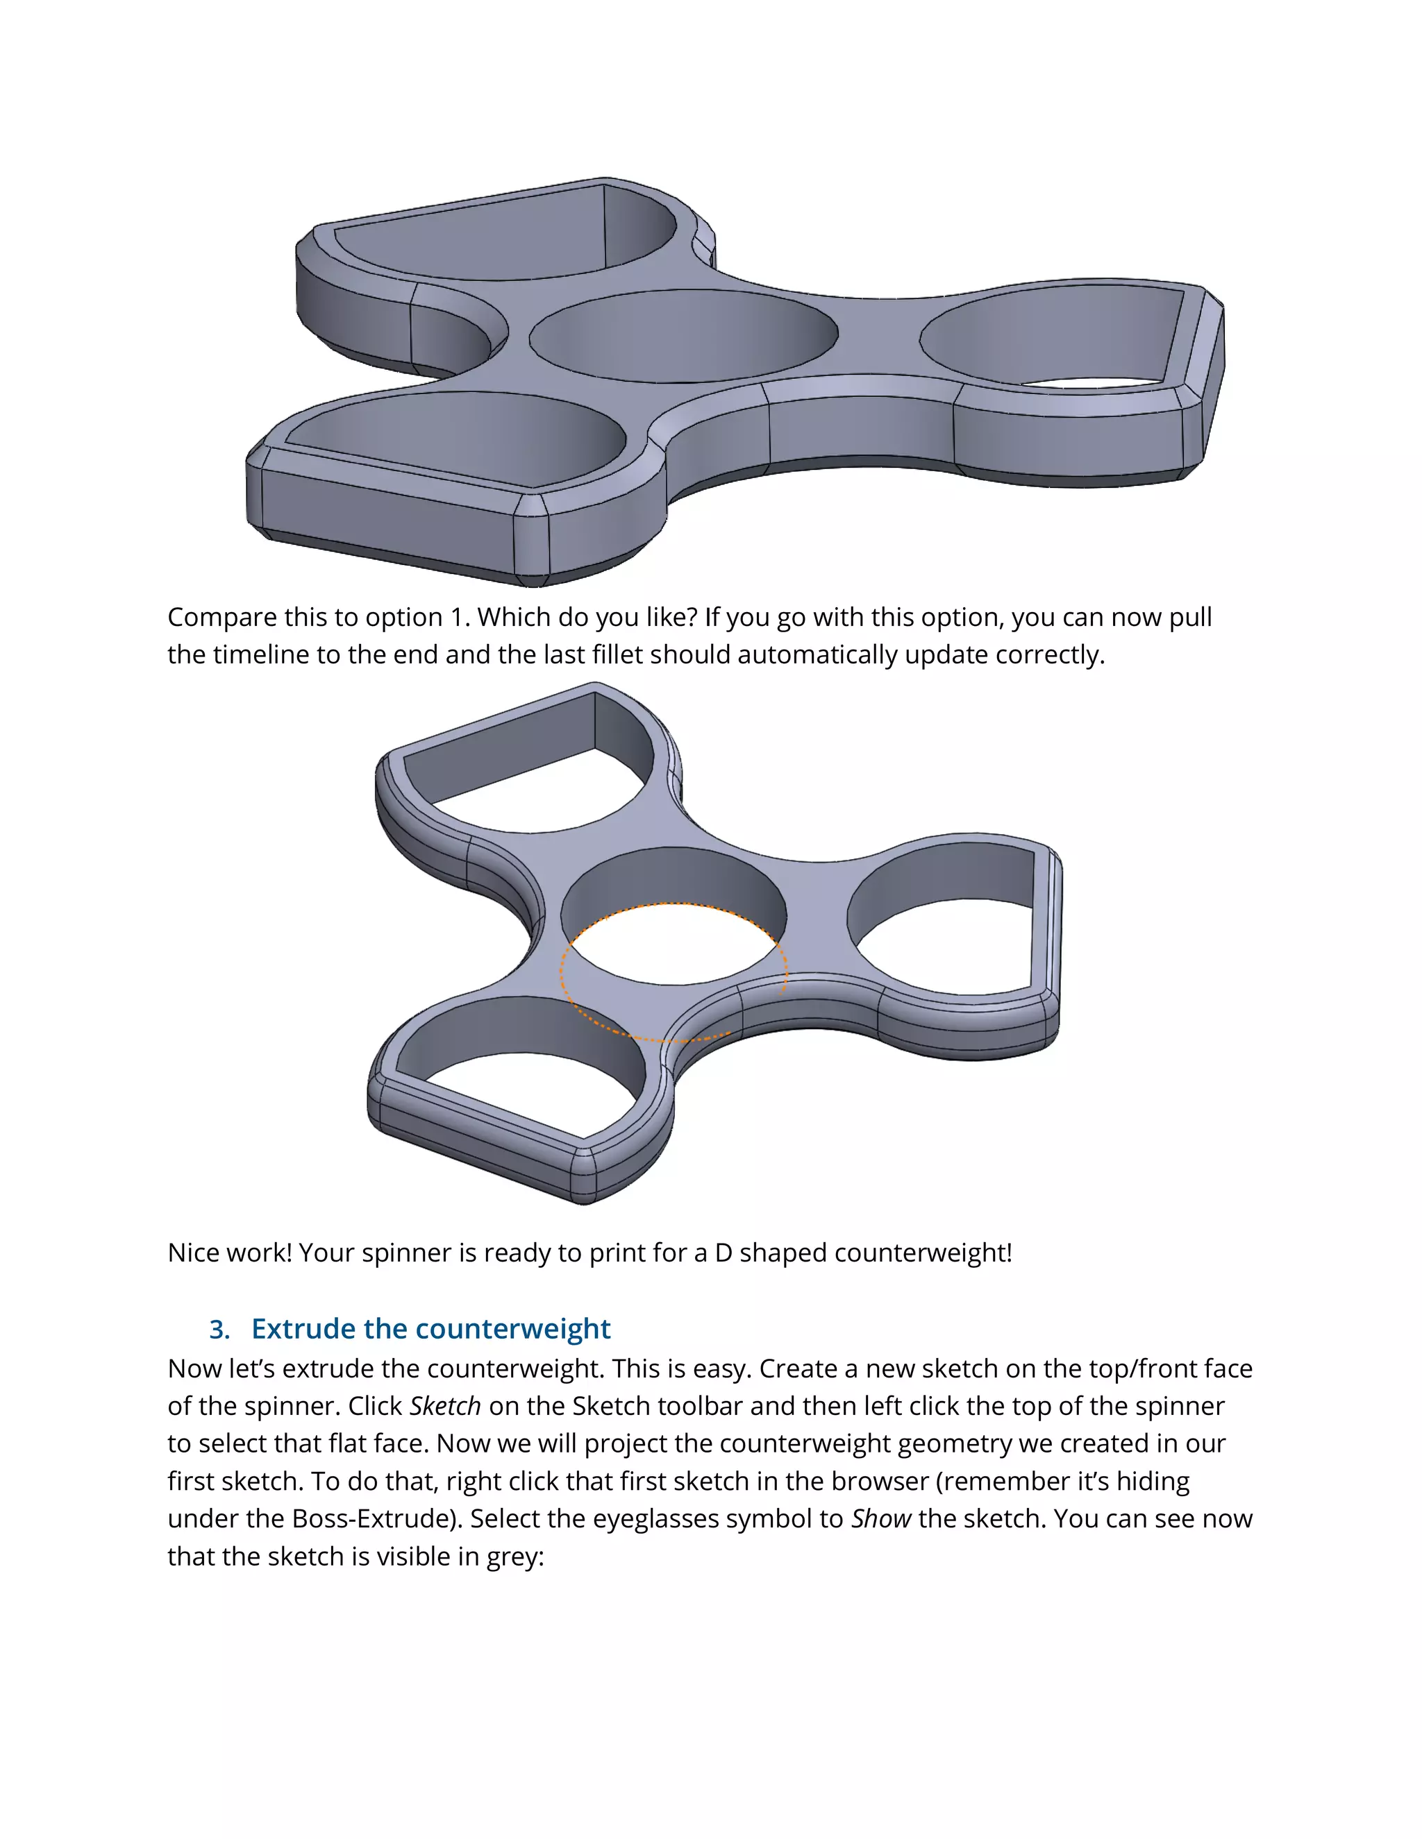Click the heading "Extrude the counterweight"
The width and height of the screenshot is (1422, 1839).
click(x=430, y=1329)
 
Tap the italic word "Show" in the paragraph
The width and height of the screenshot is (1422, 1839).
click(x=880, y=1518)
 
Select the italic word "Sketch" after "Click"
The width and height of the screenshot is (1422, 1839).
click(x=445, y=1405)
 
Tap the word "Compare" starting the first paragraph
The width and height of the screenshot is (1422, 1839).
click(x=221, y=617)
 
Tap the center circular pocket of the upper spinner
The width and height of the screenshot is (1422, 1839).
click(x=683, y=335)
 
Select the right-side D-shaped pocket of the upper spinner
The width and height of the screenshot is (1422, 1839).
click(x=1053, y=337)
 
